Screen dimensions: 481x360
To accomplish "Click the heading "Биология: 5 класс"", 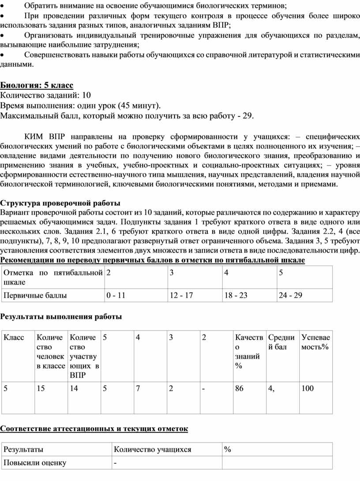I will point(37,85).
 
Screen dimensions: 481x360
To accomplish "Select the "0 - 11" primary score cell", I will point(116,295).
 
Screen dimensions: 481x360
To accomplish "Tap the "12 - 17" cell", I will point(181,295).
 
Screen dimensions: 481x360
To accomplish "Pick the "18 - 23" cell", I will point(236,295).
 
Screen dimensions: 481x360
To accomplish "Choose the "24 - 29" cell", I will point(290,295).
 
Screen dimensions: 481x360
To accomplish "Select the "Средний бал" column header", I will point(281,342).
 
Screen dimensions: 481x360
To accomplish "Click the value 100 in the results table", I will point(307,388).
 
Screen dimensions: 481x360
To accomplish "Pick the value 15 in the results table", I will point(41,388).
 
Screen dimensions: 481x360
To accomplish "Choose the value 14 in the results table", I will point(74,388).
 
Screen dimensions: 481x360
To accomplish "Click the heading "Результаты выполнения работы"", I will point(61,316).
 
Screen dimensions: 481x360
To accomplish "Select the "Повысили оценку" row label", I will point(35,462).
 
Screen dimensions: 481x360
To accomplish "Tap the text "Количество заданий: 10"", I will point(45,95).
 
